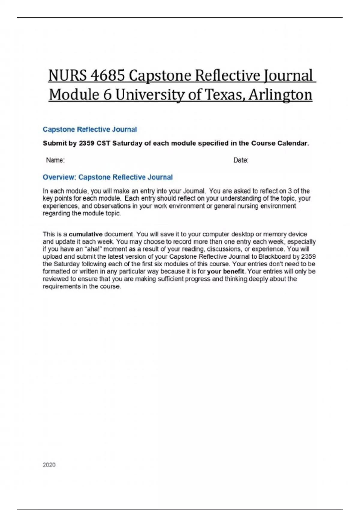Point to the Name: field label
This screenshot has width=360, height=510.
pos(55,160)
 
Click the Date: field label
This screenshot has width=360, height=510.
pos(241,160)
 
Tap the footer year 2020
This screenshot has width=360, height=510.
pos(49,465)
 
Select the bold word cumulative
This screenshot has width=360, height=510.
pos(85,234)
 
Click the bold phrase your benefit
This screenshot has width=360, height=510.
pos(225,271)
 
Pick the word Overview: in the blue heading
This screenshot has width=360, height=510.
pos(59,177)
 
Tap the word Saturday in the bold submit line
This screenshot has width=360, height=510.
pos(127,143)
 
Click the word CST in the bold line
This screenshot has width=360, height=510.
pos(103,143)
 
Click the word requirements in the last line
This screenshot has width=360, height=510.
pos(61,286)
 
